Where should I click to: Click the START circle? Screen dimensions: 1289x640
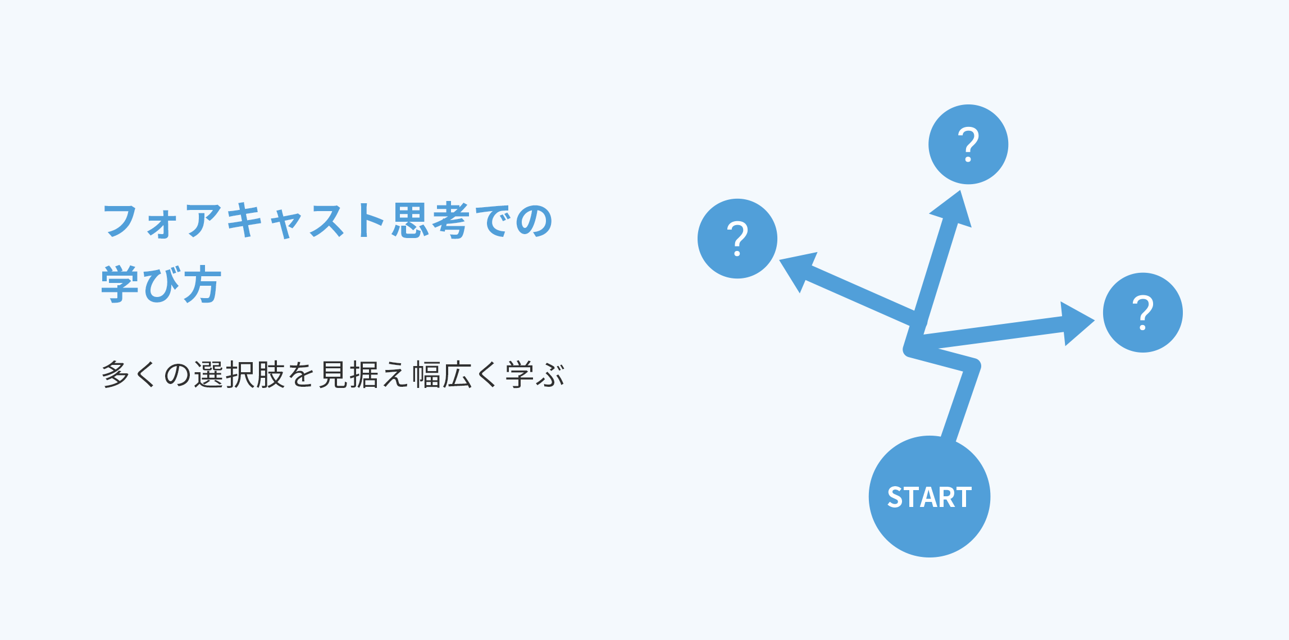point(930,496)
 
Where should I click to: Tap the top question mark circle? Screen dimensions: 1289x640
point(968,144)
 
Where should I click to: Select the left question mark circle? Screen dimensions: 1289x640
point(737,239)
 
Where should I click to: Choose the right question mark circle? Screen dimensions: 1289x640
point(1143,313)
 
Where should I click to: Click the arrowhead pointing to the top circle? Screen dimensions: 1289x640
point(954,211)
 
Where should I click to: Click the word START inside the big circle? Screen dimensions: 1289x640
point(930,497)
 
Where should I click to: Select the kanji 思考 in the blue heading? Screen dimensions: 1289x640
point(431,221)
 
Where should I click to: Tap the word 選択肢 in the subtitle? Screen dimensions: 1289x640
point(240,375)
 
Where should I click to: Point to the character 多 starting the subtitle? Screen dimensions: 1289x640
point(116,375)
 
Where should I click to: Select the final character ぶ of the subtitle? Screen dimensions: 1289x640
point(550,375)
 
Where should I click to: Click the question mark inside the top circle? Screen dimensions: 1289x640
point(968,145)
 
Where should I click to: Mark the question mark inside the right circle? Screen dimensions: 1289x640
point(1143,313)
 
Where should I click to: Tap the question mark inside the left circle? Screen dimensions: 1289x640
point(737,239)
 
